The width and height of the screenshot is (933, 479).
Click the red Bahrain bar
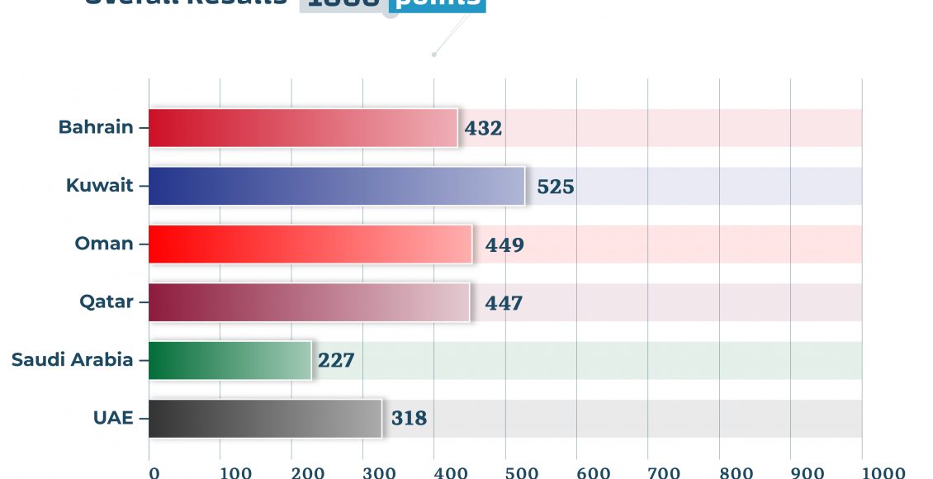(303, 128)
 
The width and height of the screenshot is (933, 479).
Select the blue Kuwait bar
(336, 186)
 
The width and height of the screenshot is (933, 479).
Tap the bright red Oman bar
(310, 244)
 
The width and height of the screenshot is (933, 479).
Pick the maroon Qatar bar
(309, 302)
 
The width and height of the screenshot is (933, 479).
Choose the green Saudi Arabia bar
(230, 360)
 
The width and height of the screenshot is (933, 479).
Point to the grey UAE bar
(265, 419)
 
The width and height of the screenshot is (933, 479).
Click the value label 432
(483, 128)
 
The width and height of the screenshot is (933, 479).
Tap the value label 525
(555, 187)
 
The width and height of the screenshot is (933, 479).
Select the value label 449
(504, 245)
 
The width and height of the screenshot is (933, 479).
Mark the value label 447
(504, 303)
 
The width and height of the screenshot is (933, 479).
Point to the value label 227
(336, 361)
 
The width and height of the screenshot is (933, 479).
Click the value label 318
(409, 419)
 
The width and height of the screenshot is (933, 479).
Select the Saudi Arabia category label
(72, 359)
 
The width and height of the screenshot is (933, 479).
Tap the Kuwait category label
(99, 185)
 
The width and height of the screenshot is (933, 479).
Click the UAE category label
(113, 418)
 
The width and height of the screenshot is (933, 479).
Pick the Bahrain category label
(95, 127)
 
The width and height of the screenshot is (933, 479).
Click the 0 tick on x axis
(154, 472)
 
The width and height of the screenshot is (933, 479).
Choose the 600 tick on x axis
(593, 472)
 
